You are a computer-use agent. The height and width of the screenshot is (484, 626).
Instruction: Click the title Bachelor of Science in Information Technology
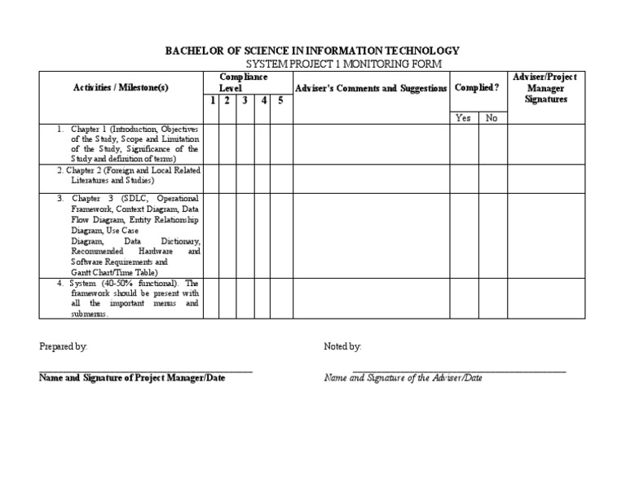(x=312, y=51)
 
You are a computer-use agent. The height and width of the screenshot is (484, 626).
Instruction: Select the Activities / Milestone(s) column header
(x=121, y=88)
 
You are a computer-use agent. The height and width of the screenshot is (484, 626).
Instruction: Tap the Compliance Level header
(x=243, y=81)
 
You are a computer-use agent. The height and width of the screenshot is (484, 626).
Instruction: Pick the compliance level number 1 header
(x=212, y=101)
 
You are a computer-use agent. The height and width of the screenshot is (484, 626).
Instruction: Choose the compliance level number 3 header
(x=245, y=101)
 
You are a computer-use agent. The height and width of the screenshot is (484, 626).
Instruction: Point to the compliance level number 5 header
(x=280, y=101)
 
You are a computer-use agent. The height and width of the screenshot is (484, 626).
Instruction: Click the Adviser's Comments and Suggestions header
(x=371, y=88)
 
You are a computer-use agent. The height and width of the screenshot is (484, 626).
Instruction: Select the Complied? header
(x=477, y=88)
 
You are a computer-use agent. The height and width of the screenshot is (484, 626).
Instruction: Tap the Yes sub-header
(x=463, y=118)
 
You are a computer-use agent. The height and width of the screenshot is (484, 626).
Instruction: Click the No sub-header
(x=492, y=118)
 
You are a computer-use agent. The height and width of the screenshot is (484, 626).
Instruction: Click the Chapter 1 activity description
(x=126, y=144)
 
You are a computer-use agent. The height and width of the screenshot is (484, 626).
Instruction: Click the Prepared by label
(x=64, y=346)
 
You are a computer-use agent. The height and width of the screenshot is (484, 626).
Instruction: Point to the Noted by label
(x=342, y=346)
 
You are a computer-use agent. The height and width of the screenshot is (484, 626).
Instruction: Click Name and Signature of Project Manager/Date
(x=132, y=378)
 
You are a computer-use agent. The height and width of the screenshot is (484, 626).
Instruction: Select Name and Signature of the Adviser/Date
(x=403, y=378)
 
